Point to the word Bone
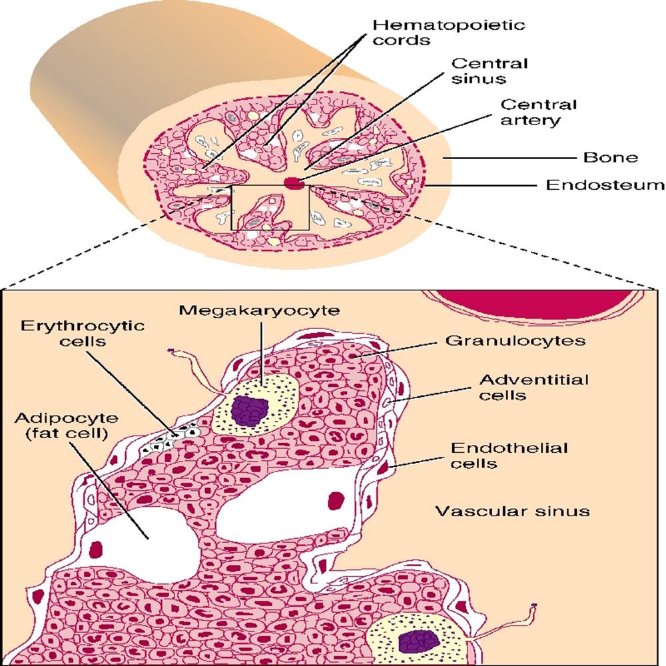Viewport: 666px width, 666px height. (611, 158)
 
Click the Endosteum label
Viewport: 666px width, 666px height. (605, 184)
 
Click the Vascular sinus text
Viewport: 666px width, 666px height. (512, 511)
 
